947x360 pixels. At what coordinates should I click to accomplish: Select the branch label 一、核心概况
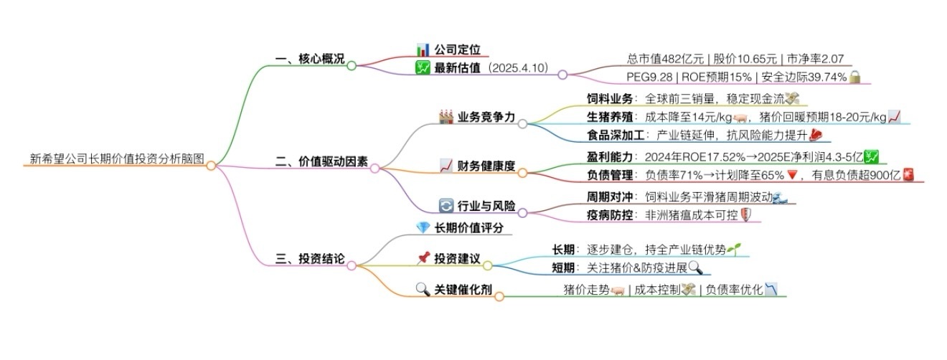pos(309,59)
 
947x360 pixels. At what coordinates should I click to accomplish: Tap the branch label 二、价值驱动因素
pos(321,162)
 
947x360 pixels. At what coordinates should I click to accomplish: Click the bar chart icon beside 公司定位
pos(423,49)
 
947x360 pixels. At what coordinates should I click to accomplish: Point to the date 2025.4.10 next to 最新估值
pos(517,68)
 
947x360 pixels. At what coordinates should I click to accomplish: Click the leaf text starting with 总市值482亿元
pos(738,59)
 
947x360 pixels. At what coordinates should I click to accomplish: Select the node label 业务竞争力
pos(486,118)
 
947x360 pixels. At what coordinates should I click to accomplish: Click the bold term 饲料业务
pos(601,99)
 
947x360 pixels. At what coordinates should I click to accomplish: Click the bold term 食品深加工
pos(607,135)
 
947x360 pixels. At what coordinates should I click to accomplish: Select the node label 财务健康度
pos(486,166)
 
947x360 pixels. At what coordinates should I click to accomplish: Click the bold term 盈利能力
pos(601,156)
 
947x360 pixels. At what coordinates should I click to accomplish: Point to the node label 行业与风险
pos(486,207)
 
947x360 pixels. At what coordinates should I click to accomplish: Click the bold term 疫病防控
pos(601,214)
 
